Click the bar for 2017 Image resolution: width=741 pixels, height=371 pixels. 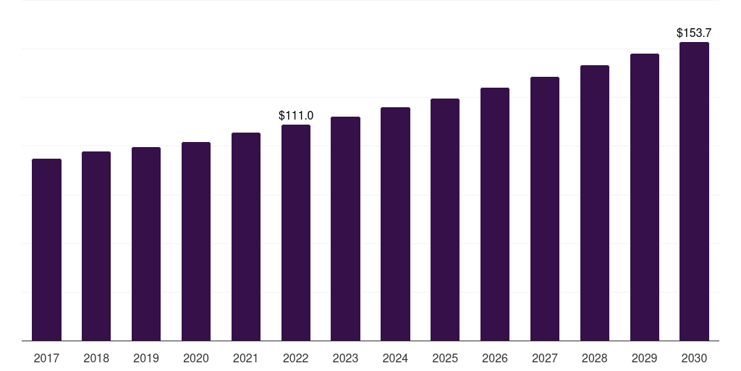click(x=46, y=249)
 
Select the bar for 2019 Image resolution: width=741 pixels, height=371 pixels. click(x=146, y=243)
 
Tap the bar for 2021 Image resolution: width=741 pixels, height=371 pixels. click(x=246, y=236)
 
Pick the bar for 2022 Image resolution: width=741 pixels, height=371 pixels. click(x=296, y=232)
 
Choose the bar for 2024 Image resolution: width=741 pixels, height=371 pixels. click(x=395, y=223)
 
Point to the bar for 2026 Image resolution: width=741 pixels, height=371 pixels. click(x=495, y=214)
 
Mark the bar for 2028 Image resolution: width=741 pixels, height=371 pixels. click(x=595, y=203)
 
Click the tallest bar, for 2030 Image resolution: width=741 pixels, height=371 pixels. click(x=695, y=191)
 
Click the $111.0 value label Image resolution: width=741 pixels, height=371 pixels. click(x=296, y=115)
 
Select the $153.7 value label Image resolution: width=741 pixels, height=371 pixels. click(x=695, y=33)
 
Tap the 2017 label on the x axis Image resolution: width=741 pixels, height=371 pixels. click(x=46, y=358)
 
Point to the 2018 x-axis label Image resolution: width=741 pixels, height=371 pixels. click(x=96, y=358)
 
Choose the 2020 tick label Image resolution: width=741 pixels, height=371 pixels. click(x=196, y=358)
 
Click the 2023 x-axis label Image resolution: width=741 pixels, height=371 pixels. click(x=346, y=358)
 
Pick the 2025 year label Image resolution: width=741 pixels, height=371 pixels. click(x=445, y=358)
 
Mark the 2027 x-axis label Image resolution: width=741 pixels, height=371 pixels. click(x=545, y=358)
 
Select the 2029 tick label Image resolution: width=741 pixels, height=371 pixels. click(x=645, y=358)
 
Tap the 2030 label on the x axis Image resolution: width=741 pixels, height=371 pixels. click(x=695, y=358)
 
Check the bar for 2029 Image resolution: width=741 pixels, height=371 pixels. click(x=645, y=197)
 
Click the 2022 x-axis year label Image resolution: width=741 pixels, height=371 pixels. click(x=296, y=358)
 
